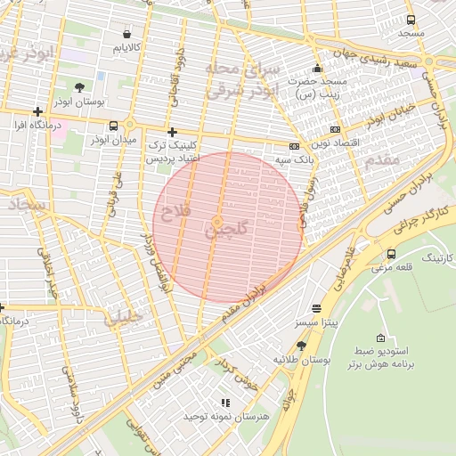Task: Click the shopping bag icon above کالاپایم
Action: (128, 33)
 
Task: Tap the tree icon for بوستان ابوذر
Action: (80, 88)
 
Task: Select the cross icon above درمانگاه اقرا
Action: (37, 112)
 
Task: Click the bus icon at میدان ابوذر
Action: (112, 126)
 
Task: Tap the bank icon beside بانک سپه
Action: (295, 146)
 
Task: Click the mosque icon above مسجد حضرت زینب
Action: (316, 69)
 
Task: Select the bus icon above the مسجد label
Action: (411, 20)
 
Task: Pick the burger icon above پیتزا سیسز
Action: (316, 308)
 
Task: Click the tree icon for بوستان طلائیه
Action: (302, 345)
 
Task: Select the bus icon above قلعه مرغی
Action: (391, 253)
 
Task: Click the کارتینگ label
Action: (436, 257)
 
